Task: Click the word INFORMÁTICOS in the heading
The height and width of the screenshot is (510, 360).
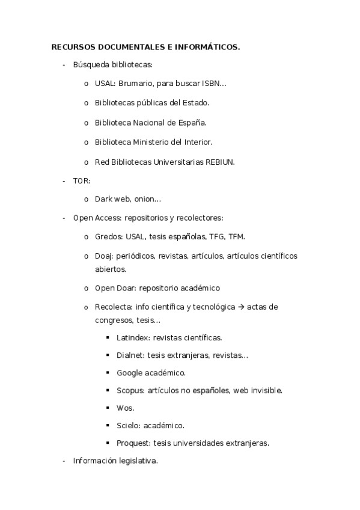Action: click(208, 46)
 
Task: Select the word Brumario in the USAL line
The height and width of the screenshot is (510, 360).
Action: click(135, 84)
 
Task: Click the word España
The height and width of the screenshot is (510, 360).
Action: click(191, 123)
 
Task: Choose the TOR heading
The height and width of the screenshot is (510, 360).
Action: click(81, 180)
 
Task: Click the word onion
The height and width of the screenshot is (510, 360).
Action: click(147, 199)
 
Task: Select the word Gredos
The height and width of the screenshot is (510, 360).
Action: click(108, 236)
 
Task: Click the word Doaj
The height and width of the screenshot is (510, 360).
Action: click(104, 256)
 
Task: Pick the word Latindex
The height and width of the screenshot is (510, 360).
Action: click(133, 338)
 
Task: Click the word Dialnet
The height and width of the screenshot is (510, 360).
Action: click(130, 355)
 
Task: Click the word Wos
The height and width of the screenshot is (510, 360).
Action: click(124, 408)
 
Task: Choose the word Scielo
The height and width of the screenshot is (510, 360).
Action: click(128, 425)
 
